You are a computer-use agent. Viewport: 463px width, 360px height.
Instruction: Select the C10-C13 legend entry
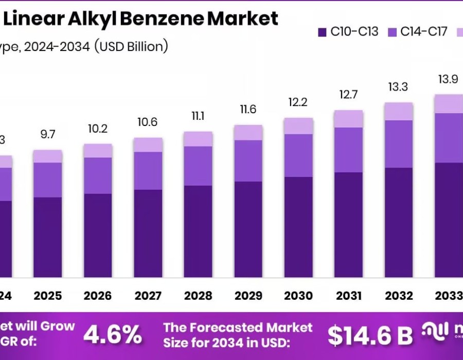pos(348,32)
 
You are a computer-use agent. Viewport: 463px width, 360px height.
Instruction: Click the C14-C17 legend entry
pos(417,32)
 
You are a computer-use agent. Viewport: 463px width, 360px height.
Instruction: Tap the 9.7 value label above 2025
pos(47,134)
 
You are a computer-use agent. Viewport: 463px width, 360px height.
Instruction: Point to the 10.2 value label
pos(98,129)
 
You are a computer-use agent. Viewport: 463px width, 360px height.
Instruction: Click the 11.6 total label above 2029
pos(248,109)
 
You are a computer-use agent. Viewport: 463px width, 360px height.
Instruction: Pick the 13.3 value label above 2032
pos(399,87)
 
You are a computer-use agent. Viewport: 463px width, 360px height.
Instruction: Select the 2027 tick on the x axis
pos(148,296)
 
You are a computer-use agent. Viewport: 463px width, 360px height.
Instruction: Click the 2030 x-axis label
pos(298,296)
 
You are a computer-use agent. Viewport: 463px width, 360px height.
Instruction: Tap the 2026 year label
pos(98,296)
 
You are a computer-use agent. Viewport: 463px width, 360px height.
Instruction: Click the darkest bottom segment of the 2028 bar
pos(198,231)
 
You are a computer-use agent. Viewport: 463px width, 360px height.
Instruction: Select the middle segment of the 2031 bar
pos(348,150)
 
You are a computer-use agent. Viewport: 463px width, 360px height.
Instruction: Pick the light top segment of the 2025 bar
pos(47,156)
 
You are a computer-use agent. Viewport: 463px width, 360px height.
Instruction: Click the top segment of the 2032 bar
pos(399,111)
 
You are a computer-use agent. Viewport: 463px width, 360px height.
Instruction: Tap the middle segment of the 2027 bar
pos(148,171)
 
